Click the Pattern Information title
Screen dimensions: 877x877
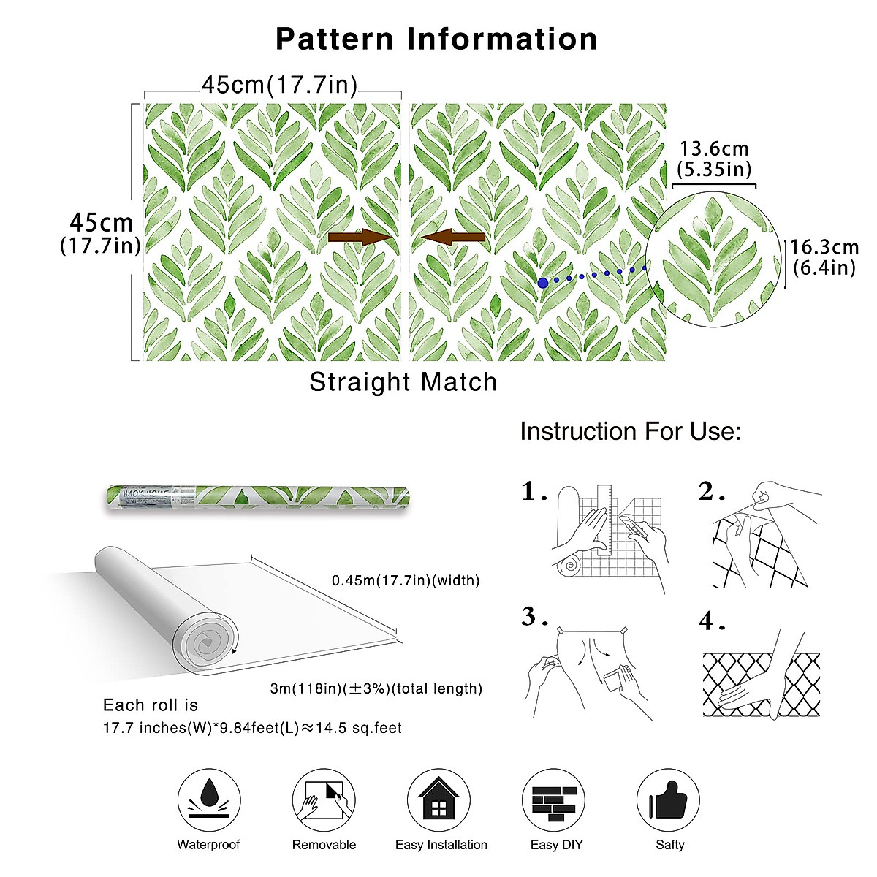point(436,39)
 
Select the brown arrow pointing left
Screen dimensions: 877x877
point(454,237)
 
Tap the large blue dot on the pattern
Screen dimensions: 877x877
point(542,283)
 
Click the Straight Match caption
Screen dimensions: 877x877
point(403,382)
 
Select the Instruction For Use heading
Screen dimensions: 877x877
point(630,431)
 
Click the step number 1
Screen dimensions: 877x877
point(534,492)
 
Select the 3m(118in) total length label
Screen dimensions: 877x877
point(376,688)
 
